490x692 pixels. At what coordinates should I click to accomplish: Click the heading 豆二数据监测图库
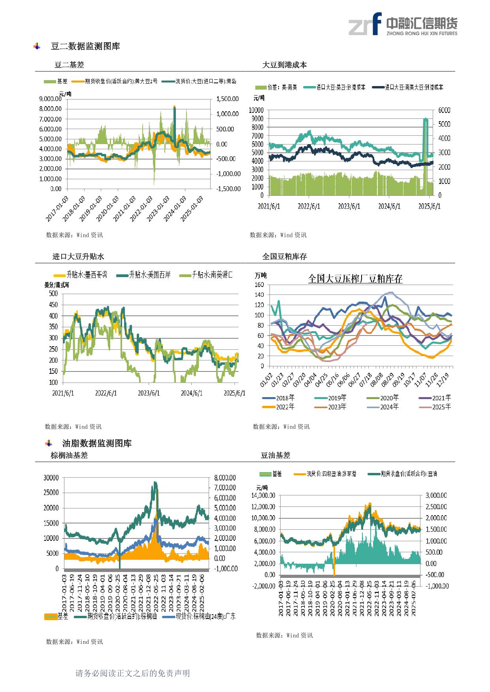point(85,46)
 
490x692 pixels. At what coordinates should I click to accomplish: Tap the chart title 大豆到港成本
point(285,65)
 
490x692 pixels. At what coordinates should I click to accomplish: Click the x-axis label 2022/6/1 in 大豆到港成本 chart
point(309,206)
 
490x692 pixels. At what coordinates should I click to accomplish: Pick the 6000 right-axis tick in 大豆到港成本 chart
point(444,110)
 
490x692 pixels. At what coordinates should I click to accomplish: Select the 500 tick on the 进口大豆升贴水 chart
point(53,293)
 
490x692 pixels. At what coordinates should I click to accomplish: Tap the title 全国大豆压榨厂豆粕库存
point(355,279)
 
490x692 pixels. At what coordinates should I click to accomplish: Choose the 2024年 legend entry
point(389,407)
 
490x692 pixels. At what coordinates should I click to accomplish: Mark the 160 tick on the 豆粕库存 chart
point(259,285)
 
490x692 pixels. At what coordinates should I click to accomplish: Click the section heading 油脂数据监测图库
point(97,443)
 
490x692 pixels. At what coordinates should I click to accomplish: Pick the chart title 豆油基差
point(275,455)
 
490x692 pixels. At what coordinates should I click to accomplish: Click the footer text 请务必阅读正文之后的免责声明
point(132,673)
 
